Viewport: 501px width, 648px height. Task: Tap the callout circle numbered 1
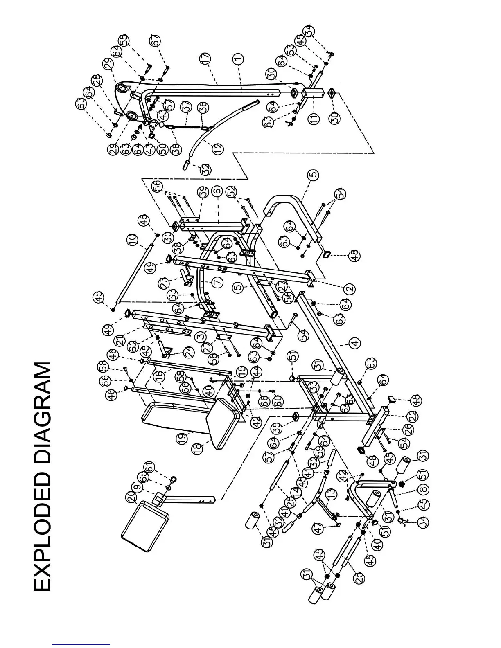239,59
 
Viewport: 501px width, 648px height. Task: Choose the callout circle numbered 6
217,191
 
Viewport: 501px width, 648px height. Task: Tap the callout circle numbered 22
413,416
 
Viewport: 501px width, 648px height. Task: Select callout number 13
330,495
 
